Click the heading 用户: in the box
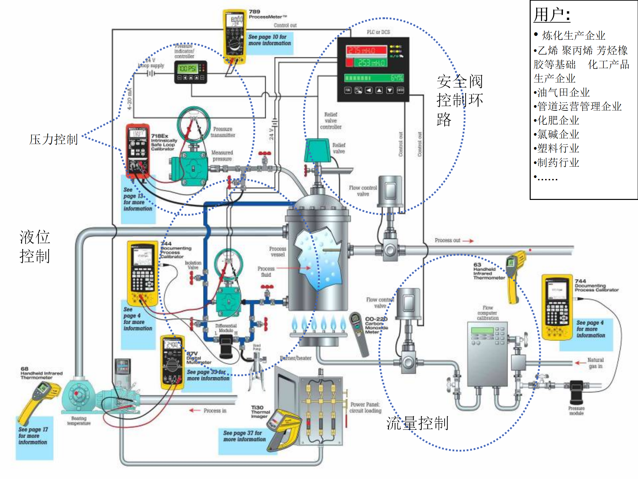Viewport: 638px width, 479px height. pyautogui.click(x=552, y=15)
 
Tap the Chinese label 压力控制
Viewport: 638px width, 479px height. pyautogui.click(x=53, y=139)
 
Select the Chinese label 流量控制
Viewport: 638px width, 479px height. pyautogui.click(x=417, y=423)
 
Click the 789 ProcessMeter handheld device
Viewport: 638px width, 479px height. pyautogui.click(x=235, y=37)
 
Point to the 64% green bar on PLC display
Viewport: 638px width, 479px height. pyautogui.click(x=373, y=78)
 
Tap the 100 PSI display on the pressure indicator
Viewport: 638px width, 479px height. pyautogui.click(x=187, y=69)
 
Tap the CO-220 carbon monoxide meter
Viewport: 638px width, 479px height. pyautogui.click(x=359, y=333)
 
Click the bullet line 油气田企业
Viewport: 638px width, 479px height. pyautogui.click(x=563, y=92)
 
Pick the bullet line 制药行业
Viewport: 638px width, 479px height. pyautogui.click(x=558, y=162)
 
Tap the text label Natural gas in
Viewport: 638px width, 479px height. pyautogui.click(x=595, y=363)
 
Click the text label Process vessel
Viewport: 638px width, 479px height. pyautogui.click(x=277, y=251)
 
